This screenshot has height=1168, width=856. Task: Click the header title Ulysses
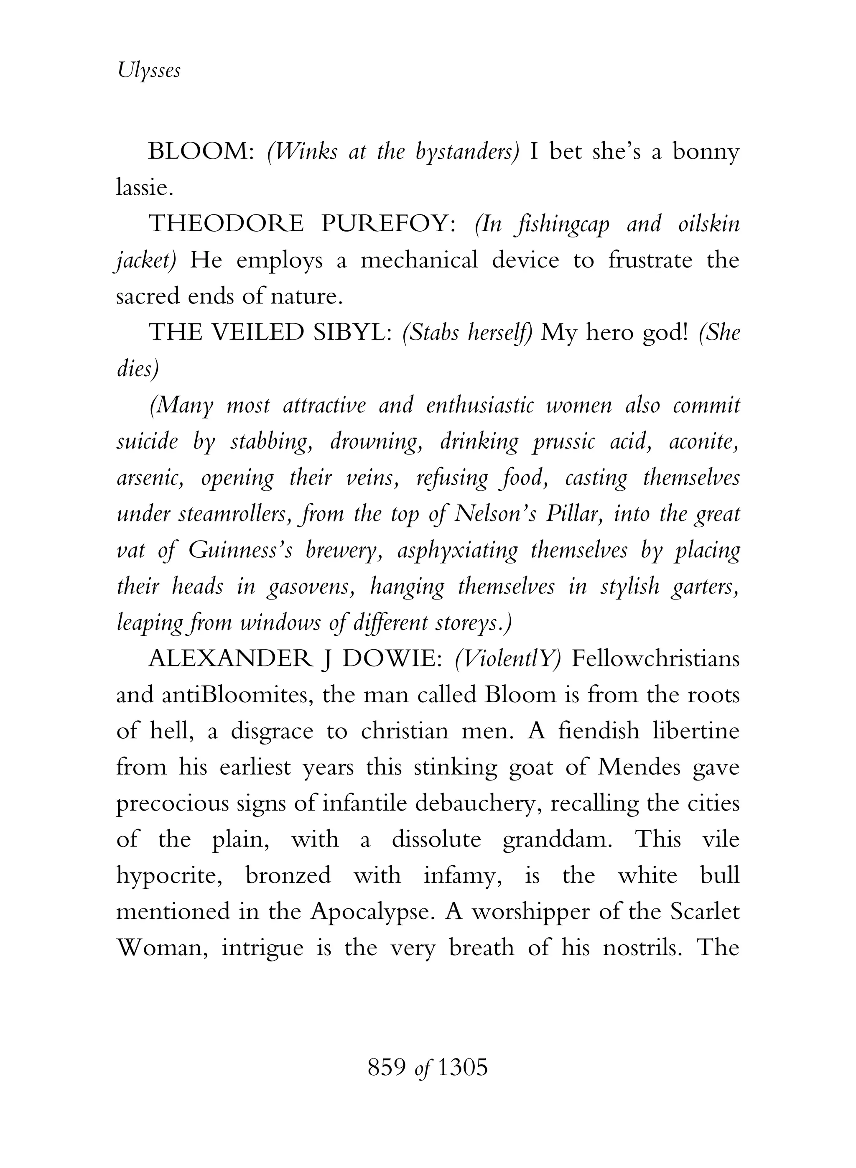point(149,70)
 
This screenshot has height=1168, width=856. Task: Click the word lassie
point(143,188)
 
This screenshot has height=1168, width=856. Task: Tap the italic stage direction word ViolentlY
point(508,660)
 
